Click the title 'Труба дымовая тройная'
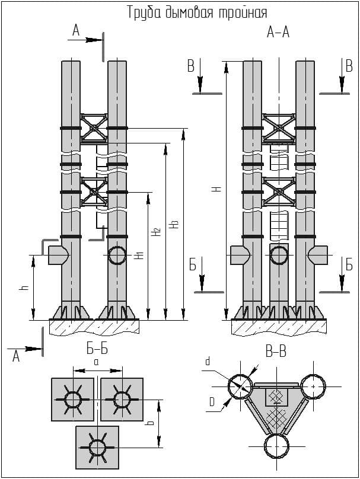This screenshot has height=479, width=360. tap(197, 12)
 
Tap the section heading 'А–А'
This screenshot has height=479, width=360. tap(278, 33)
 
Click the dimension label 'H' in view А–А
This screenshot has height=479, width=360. tap(217, 189)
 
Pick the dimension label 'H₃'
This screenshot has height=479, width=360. tap(173, 225)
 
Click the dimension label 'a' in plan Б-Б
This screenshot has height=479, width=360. tap(95, 360)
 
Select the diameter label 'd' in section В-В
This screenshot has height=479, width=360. tap(207, 360)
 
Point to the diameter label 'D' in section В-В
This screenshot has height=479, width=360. tap(211, 403)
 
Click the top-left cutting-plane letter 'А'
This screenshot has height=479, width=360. tap(75, 30)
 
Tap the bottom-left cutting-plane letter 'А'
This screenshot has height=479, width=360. tap(16, 356)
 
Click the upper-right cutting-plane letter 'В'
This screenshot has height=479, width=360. tap(349, 66)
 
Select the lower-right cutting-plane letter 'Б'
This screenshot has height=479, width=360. tap(349, 265)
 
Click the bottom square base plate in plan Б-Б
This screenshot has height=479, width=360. tap(97, 447)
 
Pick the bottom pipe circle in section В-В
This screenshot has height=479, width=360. tap(278, 446)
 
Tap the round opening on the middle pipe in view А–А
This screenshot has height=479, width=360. tap(278, 256)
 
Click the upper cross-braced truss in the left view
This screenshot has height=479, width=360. tap(94, 127)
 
